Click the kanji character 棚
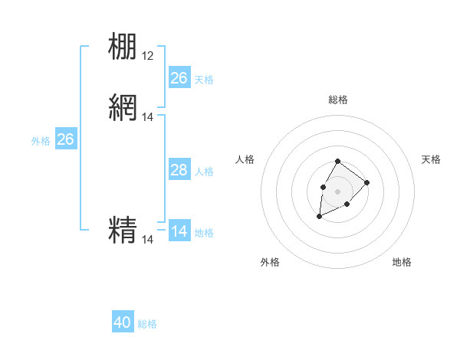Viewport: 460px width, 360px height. (x=123, y=46)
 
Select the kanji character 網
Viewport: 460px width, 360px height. (x=123, y=108)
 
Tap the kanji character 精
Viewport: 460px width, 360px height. (x=123, y=230)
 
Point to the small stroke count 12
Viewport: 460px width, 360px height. (x=148, y=56)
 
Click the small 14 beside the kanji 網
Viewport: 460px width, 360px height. (x=148, y=117)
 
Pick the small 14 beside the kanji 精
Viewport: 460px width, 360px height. (x=148, y=240)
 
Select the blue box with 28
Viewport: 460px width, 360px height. (x=179, y=170)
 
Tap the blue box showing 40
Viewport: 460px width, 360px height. (x=123, y=322)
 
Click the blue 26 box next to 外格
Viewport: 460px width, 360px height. (x=66, y=139)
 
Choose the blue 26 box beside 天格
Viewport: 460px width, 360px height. (x=179, y=78)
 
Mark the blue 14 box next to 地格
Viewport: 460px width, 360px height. (x=179, y=231)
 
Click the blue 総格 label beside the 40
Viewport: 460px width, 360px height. (x=147, y=324)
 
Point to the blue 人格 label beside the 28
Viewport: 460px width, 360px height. (x=204, y=172)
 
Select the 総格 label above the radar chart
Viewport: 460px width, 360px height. (x=337, y=100)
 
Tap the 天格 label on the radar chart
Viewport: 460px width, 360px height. (x=431, y=159)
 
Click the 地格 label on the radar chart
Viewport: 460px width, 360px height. (x=402, y=262)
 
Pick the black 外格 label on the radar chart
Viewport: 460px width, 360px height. (x=270, y=262)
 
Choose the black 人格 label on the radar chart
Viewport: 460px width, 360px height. (x=245, y=159)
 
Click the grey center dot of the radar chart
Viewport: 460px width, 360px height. (x=337, y=190)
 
